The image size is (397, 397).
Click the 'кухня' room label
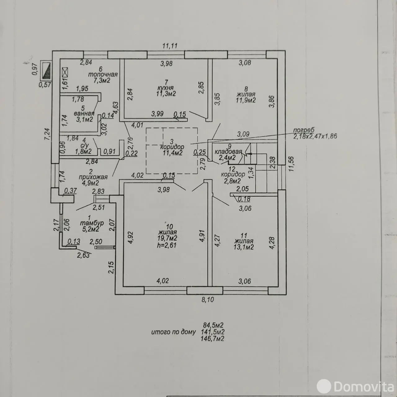click(165, 88)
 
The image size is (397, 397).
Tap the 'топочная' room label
click(103, 74)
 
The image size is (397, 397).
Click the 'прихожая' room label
click(93, 177)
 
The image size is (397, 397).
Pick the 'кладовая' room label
click(228, 152)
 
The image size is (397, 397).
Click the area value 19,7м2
click(167, 238)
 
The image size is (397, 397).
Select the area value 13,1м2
click(244, 247)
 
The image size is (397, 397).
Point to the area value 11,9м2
click(245, 100)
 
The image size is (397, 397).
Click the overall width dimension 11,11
click(170, 46)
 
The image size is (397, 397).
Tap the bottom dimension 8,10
click(207, 300)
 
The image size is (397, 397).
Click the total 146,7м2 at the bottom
click(213, 339)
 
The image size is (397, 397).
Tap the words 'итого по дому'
click(173, 332)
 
